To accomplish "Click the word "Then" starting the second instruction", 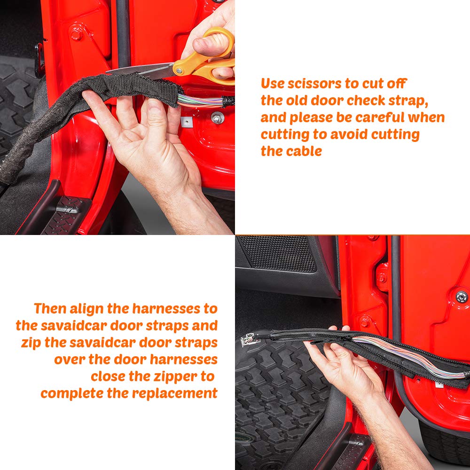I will point(50,309).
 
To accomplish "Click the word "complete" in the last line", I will point(72,393).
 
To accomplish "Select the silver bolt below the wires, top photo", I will point(217,118).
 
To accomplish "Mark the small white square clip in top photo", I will point(187,121).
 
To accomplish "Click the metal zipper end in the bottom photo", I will point(248,339).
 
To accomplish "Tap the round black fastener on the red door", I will point(462,297).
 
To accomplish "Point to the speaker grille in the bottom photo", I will point(277,254).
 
